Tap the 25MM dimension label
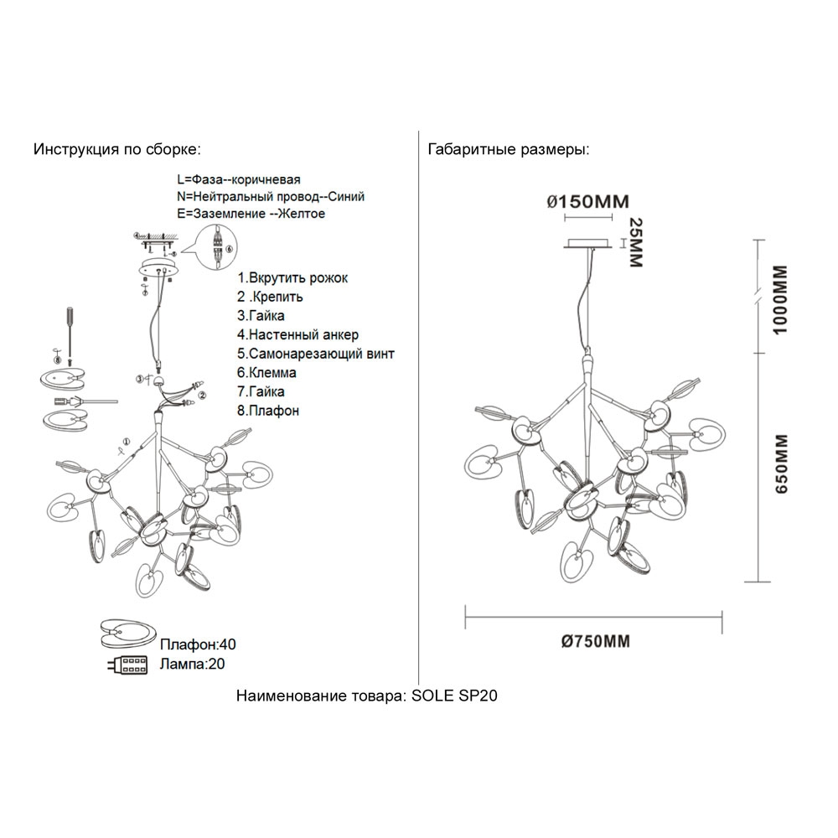point(634,244)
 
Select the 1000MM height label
point(780,300)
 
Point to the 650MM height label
point(780,466)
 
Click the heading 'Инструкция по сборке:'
point(116,150)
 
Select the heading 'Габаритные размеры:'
point(508,150)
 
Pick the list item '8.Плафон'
point(268,411)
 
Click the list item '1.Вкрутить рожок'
point(292,277)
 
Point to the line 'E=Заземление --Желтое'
point(251,214)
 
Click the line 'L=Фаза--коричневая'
point(239,179)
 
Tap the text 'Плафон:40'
point(198,644)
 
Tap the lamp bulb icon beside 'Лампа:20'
point(127,665)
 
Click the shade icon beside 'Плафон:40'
point(127,634)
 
